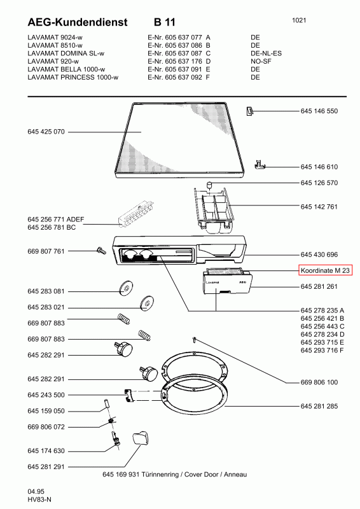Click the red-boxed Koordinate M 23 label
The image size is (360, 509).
click(x=325, y=270)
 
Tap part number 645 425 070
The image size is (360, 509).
click(x=46, y=132)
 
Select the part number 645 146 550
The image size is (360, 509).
click(x=319, y=111)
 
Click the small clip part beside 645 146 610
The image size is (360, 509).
click(x=260, y=165)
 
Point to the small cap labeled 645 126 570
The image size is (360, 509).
click(x=209, y=186)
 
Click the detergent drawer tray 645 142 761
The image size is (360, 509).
click(x=214, y=210)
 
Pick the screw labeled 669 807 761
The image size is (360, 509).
click(x=101, y=251)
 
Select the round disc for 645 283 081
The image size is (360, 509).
click(x=126, y=288)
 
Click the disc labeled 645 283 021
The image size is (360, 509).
click(x=147, y=303)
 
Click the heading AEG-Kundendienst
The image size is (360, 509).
click(x=78, y=22)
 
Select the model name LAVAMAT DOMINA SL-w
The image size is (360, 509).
click(x=66, y=53)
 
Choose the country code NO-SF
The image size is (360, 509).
click(x=261, y=61)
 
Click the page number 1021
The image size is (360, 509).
click(x=299, y=20)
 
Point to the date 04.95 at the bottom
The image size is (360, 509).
click(x=36, y=491)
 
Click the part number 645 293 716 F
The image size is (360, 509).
click(x=322, y=351)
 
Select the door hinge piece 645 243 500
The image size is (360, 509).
click(x=129, y=395)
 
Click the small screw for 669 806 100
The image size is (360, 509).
click(x=195, y=340)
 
